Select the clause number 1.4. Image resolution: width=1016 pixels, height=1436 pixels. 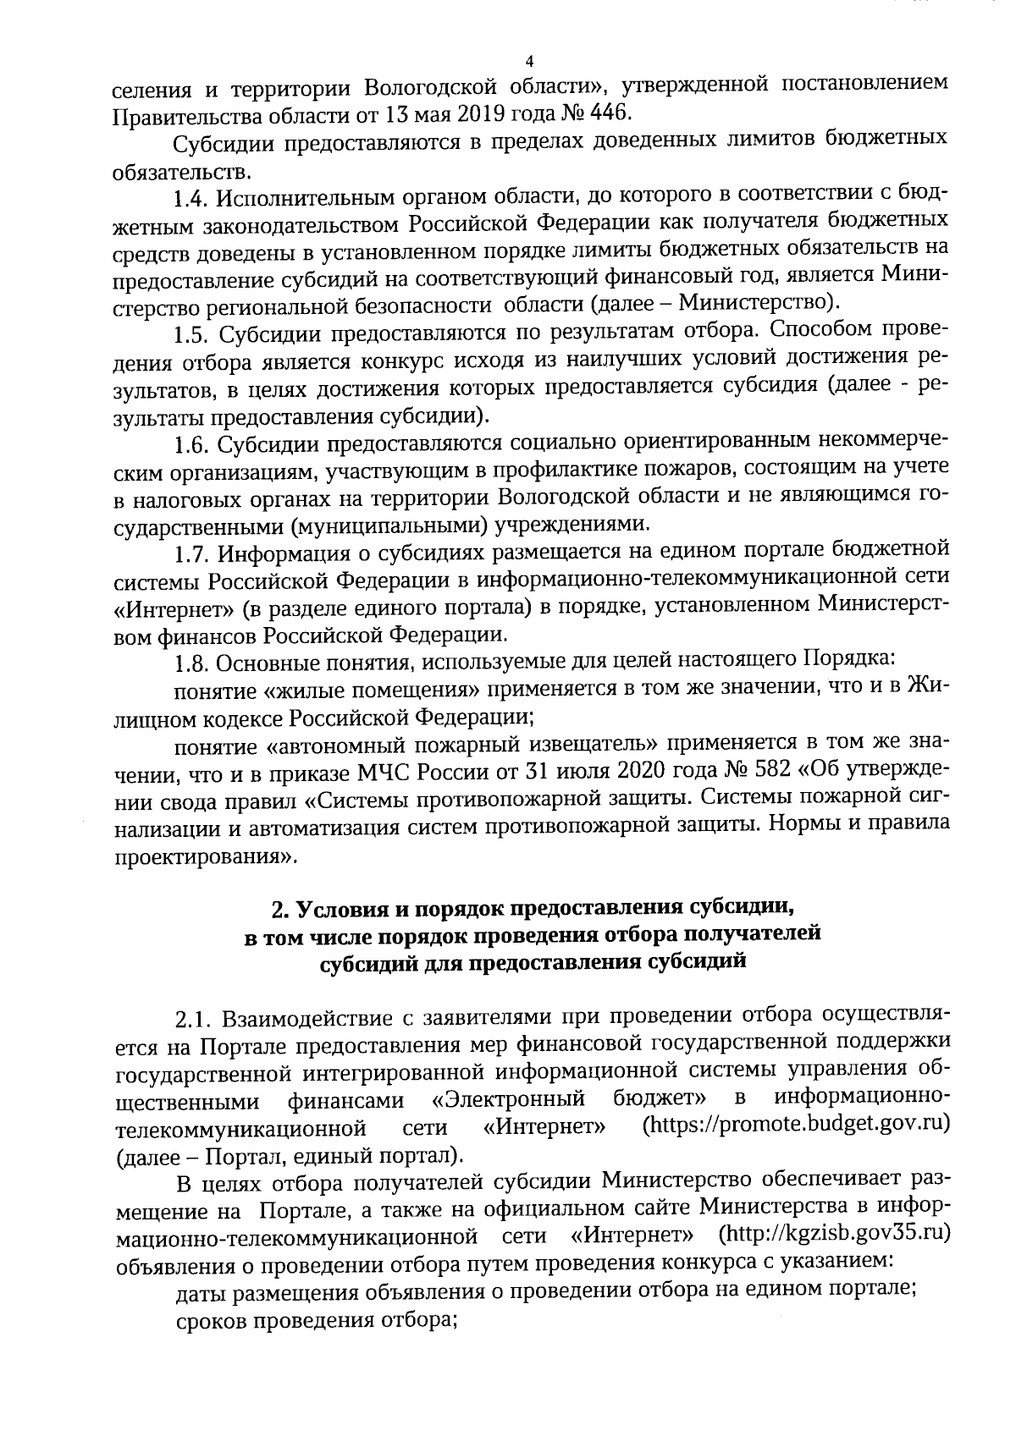pos(190,199)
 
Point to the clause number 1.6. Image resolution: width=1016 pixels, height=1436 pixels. pos(191,443)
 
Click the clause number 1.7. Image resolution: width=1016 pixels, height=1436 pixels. pos(191,553)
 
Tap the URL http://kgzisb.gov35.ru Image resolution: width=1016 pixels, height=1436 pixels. pos(832,1235)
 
